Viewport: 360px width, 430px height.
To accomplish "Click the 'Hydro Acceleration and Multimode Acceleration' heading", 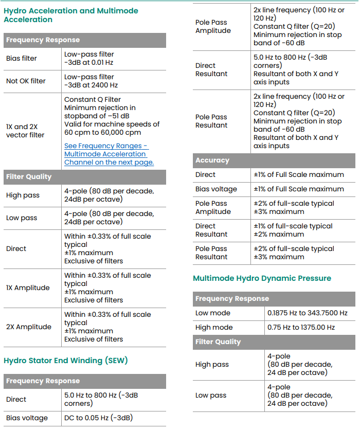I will point(71,15).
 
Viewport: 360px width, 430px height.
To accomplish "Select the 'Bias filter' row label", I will point(22,58).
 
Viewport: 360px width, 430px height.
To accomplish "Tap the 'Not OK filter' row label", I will point(26,81).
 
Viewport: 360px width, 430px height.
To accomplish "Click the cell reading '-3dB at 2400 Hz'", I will point(91,85).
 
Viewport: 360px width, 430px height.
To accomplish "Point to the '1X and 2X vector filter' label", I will point(25,131).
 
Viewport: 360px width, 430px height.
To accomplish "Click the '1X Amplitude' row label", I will point(28,288).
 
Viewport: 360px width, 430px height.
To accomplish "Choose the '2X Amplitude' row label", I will point(29,327).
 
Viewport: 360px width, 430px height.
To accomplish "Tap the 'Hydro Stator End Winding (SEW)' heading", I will point(65,361).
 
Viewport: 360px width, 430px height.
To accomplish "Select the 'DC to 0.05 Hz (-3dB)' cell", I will point(98,418).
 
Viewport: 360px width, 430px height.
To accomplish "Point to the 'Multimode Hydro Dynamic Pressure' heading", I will point(262,278).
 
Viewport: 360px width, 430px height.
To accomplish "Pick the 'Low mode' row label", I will point(213,313).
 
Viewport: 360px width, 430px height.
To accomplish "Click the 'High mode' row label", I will point(214,327).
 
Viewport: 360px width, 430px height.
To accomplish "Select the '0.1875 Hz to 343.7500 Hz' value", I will point(307,313).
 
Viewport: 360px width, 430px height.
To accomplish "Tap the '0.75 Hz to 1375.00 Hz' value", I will point(301,327).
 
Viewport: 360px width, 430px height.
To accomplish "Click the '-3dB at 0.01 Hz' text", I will point(89,62).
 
